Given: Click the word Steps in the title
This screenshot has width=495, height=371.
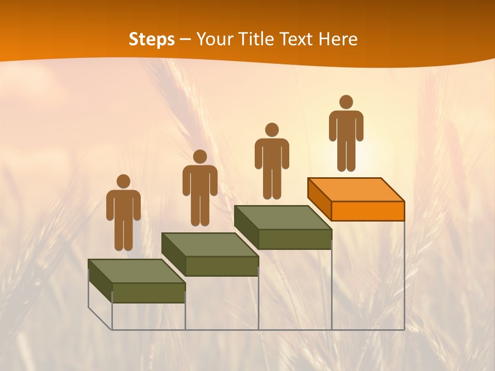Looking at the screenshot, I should pyautogui.click(x=152, y=40).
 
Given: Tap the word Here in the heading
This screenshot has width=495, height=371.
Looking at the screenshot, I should pyautogui.click(x=338, y=39).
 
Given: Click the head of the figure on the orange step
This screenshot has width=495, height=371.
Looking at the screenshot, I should pyautogui.click(x=346, y=102).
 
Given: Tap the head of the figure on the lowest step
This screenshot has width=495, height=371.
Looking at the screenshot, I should pyautogui.click(x=123, y=181).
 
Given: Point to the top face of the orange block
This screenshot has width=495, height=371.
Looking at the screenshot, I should pyautogui.click(x=356, y=190).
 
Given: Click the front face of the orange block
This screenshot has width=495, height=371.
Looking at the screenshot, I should pyautogui.click(x=368, y=211).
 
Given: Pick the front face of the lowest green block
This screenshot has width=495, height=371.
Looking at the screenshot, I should pyautogui.click(x=148, y=293).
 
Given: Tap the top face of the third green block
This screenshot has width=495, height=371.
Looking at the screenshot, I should pyautogui.click(x=283, y=217).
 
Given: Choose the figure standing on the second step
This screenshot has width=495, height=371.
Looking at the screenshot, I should pyautogui.click(x=200, y=191).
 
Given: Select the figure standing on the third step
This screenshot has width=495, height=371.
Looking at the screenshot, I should pyautogui.click(x=272, y=164).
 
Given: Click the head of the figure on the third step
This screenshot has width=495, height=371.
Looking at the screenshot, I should pyautogui.click(x=272, y=130).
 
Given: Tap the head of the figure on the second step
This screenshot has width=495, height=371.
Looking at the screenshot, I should pyautogui.click(x=200, y=157).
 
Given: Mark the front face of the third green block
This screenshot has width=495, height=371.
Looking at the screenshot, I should pyautogui.click(x=294, y=239).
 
